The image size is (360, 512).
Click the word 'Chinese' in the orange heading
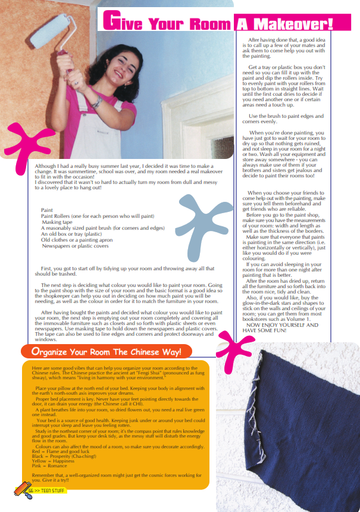[141, 352]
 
